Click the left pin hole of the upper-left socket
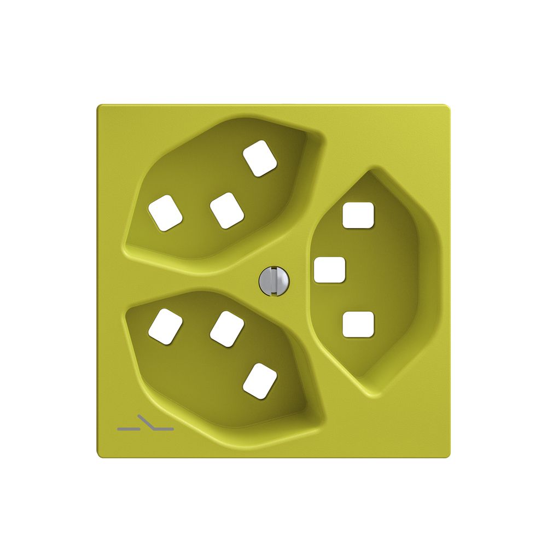coord(165,213)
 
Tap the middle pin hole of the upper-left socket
coord(226,211)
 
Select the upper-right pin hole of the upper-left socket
coord(260,159)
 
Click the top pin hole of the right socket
coord(358,214)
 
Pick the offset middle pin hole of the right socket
coord(330,270)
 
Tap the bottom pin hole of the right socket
coord(358,324)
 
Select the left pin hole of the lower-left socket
coord(165,327)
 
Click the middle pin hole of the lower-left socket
coord(226,329)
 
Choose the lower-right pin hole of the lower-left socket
coord(260,381)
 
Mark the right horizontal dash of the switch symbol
coord(165,428)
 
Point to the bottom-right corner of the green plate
coord(449,456)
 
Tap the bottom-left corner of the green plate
coord(99,456)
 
